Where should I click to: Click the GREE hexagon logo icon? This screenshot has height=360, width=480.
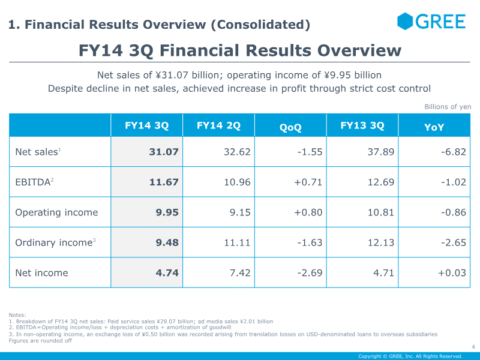tap(404, 22)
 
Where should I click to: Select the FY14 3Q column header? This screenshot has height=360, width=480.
tap(146, 125)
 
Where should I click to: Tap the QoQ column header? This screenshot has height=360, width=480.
tap(290, 127)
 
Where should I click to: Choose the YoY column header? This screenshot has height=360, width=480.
tap(434, 127)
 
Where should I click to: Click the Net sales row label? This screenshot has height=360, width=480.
tap(38, 152)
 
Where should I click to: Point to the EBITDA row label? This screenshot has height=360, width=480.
tap(34, 182)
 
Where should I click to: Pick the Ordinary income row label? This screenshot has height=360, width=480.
tap(55, 242)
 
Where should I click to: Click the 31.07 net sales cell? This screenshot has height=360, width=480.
tap(164, 152)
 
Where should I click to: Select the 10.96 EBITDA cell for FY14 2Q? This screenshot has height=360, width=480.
tap(237, 182)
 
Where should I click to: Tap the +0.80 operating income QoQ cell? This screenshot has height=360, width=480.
tap(308, 212)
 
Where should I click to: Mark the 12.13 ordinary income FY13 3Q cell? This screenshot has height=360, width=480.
tap(381, 242)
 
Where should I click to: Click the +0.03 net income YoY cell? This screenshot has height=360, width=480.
tap(452, 273)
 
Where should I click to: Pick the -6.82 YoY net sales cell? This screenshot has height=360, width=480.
tap(454, 152)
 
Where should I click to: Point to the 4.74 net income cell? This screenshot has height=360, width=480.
tap(167, 273)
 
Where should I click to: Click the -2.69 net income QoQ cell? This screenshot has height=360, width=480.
tap(310, 273)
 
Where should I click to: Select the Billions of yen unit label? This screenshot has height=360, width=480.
tap(448, 107)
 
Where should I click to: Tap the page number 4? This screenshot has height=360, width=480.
tap(473, 347)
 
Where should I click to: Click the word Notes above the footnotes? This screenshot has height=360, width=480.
tap(17, 315)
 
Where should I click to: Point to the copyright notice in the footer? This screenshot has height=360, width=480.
tap(410, 356)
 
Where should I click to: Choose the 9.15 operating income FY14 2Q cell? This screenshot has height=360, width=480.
tap(240, 212)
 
